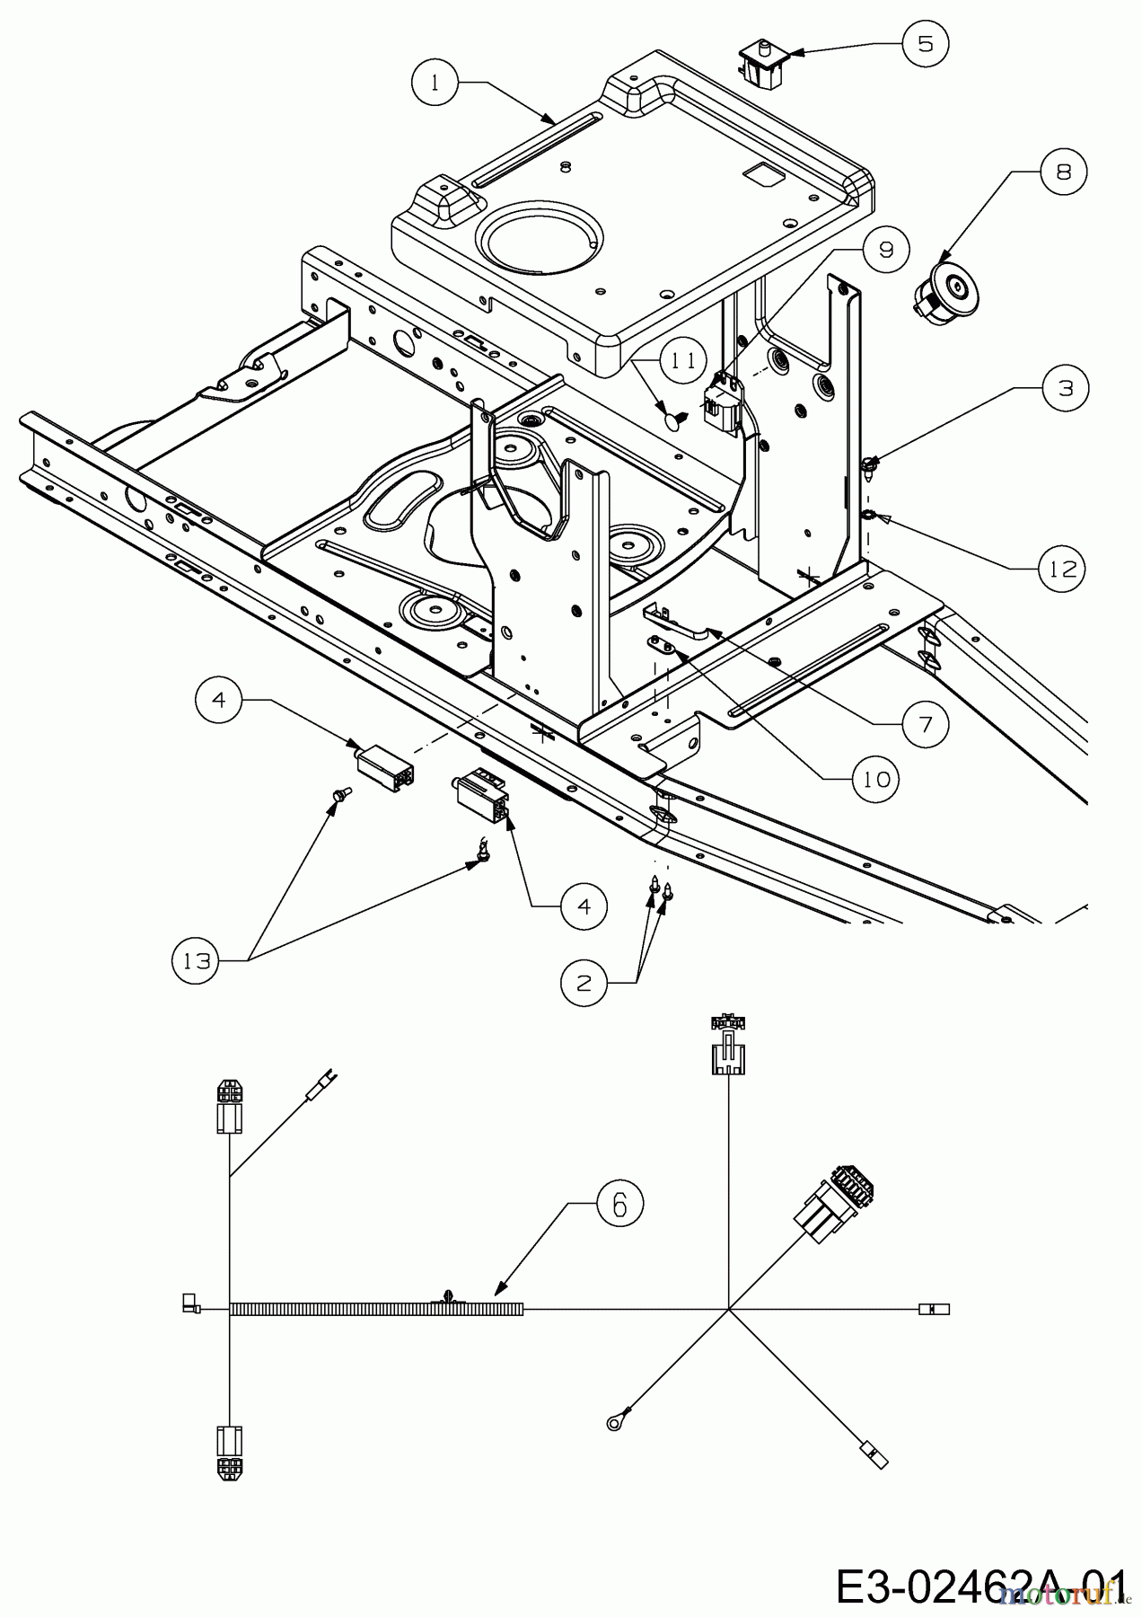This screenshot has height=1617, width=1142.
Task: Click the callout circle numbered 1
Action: click(x=435, y=83)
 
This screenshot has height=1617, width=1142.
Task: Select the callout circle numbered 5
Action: click(x=925, y=43)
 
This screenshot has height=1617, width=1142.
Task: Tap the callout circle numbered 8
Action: click(x=1063, y=172)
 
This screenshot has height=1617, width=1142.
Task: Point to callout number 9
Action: click(x=885, y=249)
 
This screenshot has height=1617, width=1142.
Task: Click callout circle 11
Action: click(x=683, y=361)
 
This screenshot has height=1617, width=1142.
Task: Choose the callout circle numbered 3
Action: click(x=1065, y=388)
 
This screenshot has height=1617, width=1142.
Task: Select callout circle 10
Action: click(x=875, y=779)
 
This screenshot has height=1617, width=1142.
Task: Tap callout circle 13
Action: click(x=195, y=960)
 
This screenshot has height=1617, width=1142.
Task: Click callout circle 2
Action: click(x=584, y=983)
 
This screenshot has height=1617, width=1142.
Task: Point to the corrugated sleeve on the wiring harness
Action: click(x=377, y=1309)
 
